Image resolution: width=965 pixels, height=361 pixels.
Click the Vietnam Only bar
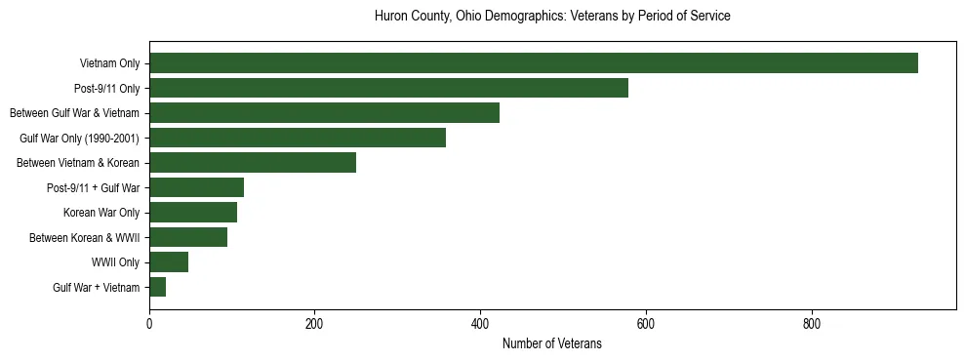(x=533, y=63)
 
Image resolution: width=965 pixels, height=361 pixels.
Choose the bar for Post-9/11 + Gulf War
(x=196, y=187)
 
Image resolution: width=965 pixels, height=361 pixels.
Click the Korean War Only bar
(x=193, y=213)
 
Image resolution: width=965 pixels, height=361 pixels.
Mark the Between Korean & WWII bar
(x=188, y=237)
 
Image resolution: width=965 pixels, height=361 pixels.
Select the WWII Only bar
(x=169, y=262)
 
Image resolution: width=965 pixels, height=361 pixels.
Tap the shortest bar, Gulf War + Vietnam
(x=158, y=287)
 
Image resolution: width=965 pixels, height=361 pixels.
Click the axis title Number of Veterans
(x=551, y=343)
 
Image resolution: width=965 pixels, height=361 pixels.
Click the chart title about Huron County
(x=552, y=17)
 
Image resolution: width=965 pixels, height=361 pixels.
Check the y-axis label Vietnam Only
(x=109, y=63)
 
